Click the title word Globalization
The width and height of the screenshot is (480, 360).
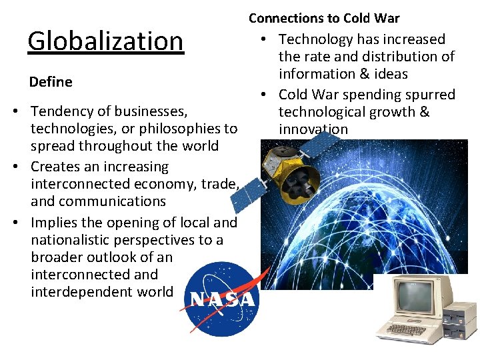click(x=105, y=41)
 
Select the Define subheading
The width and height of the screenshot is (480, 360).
click(x=51, y=82)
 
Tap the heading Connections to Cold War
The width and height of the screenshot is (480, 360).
click(x=324, y=18)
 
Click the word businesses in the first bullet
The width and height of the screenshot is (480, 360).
click(x=147, y=111)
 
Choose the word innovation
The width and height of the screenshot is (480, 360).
click(x=313, y=129)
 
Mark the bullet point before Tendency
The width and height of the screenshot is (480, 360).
click(x=22, y=111)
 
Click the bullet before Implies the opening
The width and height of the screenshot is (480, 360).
click(x=22, y=223)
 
